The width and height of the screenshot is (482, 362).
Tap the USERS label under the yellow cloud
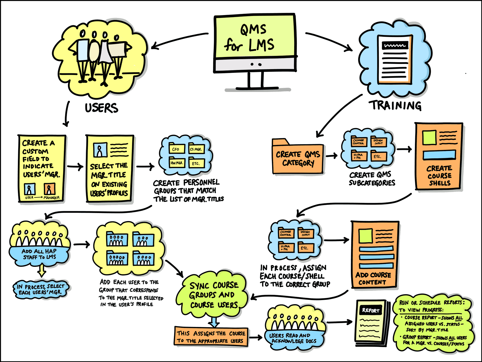101,108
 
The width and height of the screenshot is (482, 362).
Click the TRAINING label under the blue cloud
396,105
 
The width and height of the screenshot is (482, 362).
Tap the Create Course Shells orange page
439,156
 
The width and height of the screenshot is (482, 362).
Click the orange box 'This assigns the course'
211,337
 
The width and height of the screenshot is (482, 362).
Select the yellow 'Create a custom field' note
42,168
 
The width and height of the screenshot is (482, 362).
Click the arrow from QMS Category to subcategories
332,156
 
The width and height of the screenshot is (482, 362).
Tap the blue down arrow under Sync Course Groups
214,321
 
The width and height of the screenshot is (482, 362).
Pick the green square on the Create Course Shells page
429,137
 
